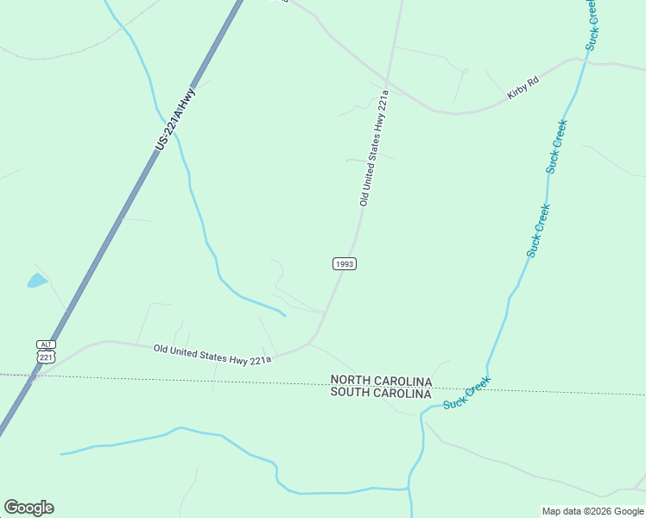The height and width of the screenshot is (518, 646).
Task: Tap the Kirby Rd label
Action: tap(522, 87)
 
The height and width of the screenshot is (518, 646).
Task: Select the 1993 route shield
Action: tap(345, 263)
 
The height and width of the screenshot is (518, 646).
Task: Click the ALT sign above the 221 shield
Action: tap(46, 344)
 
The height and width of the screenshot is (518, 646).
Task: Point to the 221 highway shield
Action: tap(46, 356)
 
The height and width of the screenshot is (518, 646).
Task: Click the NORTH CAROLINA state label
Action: tap(381, 381)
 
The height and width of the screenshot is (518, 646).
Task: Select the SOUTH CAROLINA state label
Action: tap(381, 394)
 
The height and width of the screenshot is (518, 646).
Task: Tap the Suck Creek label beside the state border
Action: tap(466, 393)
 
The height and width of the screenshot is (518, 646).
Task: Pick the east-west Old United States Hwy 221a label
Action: tap(212, 353)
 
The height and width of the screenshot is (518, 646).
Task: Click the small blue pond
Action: tap(36, 281)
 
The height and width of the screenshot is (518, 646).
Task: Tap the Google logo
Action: tap(28, 508)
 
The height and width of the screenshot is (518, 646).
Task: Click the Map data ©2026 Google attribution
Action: tap(592, 511)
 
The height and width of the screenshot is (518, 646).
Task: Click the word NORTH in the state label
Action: tap(352, 381)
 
